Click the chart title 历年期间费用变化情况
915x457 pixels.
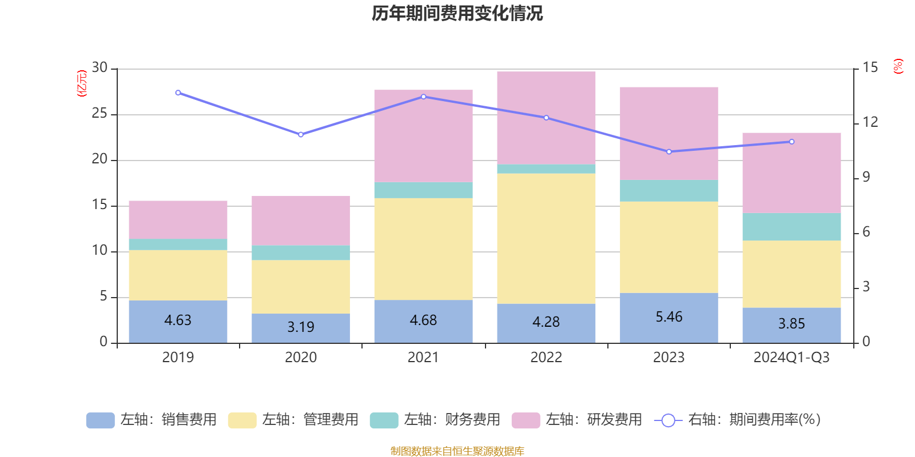(x=457, y=13)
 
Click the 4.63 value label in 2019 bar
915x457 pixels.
(x=178, y=320)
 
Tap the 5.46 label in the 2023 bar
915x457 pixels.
(x=669, y=317)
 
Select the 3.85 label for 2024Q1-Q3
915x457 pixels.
(x=791, y=324)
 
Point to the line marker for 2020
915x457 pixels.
(x=301, y=135)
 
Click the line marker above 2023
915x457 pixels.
(x=669, y=152)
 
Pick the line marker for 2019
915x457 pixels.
(x=178, y=93)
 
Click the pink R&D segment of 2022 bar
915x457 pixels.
(x=546, y=117)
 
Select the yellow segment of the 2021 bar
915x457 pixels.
(x=423, y=248)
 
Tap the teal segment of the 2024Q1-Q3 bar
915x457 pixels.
(x=791, y=227)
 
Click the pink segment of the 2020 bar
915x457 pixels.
(x=301, y=221)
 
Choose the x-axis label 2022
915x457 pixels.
(x=546, y=358)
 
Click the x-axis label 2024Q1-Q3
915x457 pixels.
(x=791, y=358)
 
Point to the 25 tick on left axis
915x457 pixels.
(x=100, y=114)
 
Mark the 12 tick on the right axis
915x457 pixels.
(x=870, y=122)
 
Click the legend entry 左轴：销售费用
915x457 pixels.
(x=152, y=420)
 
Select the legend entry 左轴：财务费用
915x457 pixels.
(x=435, y=420)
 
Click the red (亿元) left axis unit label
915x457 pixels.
(x=82, y=83)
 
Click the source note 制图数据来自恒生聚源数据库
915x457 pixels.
(x=457, y=451)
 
